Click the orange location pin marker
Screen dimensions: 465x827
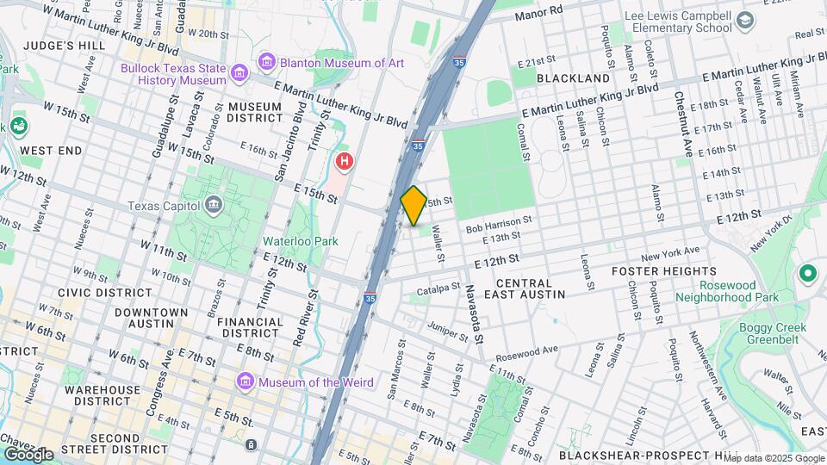tap(413, 205)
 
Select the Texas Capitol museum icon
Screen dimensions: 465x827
tap(213, 205)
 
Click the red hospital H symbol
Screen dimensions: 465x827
tap(345, 161)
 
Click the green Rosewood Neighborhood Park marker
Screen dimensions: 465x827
tap(807, 275)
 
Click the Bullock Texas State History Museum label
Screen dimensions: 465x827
tap(179, 71)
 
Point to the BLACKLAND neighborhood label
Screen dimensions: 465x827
tap(573, 78)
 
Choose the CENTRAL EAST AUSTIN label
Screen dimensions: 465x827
tap(531, 288)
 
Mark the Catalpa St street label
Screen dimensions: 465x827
tap(438, 290)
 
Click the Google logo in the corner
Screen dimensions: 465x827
tap(28, 455)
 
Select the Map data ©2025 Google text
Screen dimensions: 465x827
tap(772, 458)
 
